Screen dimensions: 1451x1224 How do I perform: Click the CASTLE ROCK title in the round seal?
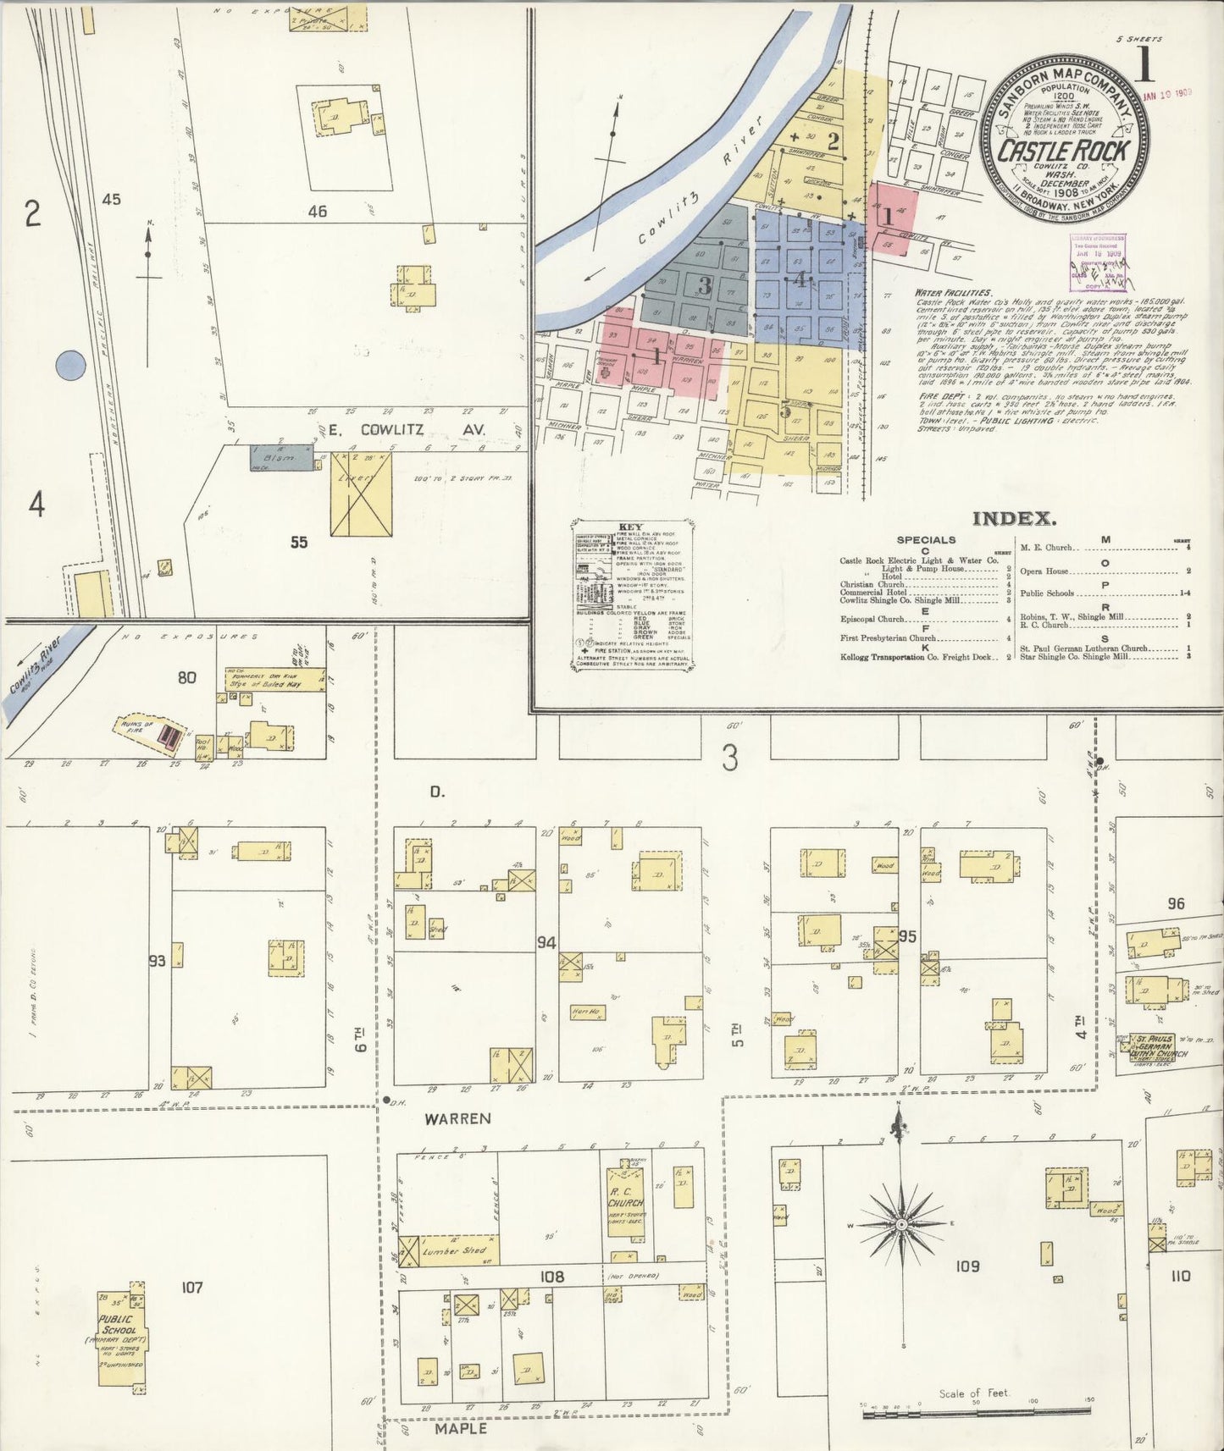pyautogui.click(x=1064, y=152)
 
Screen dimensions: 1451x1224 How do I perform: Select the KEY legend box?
pyautogui.click(x=632, y=597)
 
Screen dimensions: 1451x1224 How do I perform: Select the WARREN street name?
pyautogui.click(x=457, y=1118)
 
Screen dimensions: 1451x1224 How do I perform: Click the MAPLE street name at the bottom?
pyautogui.click(x=461, y=1428)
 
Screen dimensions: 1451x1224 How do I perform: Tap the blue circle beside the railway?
pyautogui.click(x=70, y=366)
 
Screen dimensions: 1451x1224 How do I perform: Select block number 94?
pyautogui.click(x=546, y=941)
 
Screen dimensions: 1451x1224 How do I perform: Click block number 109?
pyautogui.click(x=966, y=1266)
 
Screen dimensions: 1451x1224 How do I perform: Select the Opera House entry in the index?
pyautogui.click(x=1044, y=571)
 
